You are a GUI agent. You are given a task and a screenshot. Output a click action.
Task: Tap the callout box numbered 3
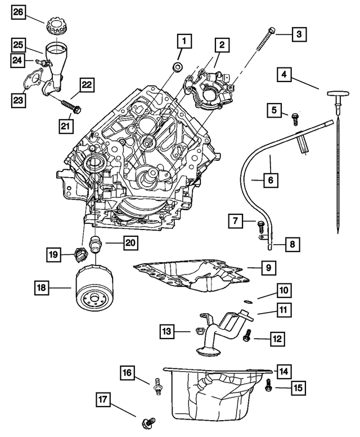click(299, 34)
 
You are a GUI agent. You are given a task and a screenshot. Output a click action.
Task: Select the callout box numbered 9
click(268, 268)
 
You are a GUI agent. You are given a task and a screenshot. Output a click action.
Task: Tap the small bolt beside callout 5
click(294, 117)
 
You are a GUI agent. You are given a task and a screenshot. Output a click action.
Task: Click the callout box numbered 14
click(283, 371)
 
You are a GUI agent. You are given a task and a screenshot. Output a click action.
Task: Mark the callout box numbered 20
click(130, 243)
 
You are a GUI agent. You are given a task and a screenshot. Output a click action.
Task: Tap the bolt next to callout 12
click(246, 336)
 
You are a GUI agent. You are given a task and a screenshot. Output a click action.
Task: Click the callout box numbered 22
click(86, 85)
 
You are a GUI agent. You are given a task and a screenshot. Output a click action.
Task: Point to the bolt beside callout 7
click(260, 227)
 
